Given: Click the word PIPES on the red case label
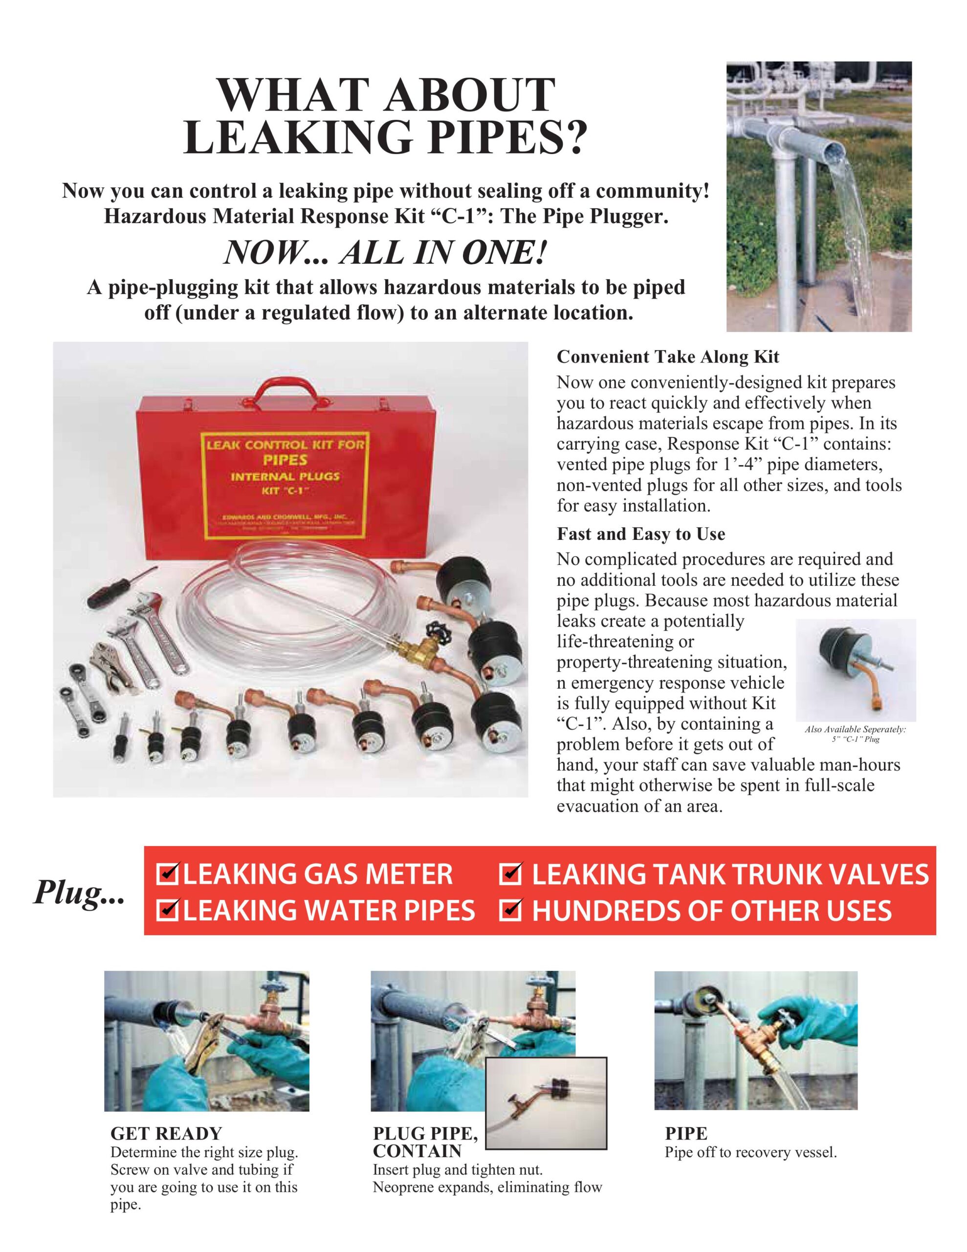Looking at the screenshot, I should click(285, 460).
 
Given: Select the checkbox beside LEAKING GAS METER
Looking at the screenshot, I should click(169, 874).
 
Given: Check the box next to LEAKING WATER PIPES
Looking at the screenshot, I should click(169, 910).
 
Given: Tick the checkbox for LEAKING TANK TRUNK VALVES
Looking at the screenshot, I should click(510, 874).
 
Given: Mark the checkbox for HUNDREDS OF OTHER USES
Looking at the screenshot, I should click(510, 910).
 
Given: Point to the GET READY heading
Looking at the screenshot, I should click(166, 1133).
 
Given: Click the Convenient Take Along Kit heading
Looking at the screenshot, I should click(668, 357).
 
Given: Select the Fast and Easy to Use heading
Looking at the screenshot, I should click(641, 534).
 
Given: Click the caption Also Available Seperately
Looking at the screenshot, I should click(855, 730).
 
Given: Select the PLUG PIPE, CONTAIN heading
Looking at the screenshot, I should click(424, 1142).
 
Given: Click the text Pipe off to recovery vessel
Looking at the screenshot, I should click(750, 1152).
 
